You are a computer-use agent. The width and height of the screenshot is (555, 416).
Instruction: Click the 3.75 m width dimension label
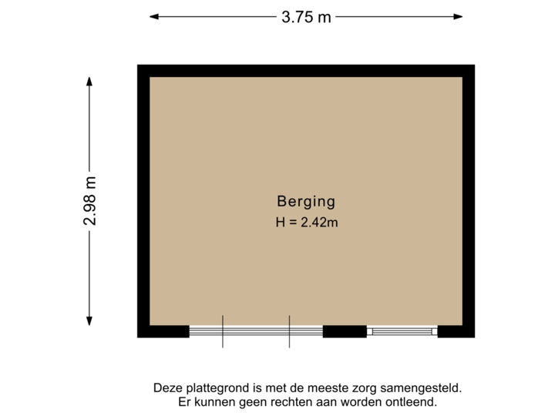pyautogui.click(x=306, y=17)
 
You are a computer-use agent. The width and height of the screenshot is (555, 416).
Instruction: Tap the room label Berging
pyautogui.click(x=306, y=202)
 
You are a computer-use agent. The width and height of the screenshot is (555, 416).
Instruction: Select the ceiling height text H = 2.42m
pyautogui.click(x=307, y=223)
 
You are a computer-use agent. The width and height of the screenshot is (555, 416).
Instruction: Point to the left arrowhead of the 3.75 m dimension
pyautogui.click(x=152, y=16)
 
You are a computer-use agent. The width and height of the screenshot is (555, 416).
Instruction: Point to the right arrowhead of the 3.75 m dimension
pyautogui.click(x=460, y=16)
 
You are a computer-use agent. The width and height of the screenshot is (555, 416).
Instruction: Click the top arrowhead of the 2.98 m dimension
pyautogui.click(x=90, y=79)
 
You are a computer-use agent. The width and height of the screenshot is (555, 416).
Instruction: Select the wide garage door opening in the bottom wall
pyautogui.click(x=255, y=332)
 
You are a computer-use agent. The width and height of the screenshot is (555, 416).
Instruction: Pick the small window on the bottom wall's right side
pyautogui.click(x=402, y=332)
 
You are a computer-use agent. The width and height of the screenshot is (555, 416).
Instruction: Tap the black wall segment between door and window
pyautogui.click(x=345, y=332)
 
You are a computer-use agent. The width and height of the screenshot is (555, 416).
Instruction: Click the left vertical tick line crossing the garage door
pyautogui.click(x=223, y=332)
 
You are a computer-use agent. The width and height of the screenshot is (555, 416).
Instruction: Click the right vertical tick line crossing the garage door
pyautogui.click(x=289, y=332)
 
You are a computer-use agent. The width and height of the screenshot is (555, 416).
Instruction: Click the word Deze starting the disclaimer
pyautogui.click(x=168, y=389)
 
